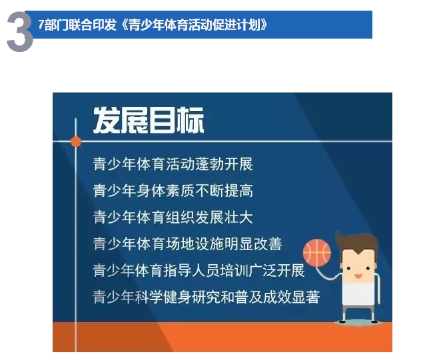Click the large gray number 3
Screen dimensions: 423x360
pyautogui.click(x=20, y=32)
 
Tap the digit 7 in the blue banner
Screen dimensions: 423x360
pyautogui.click(x=41, y=25)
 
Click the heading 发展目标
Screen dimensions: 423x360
pyautogui.click(x=149, y=120)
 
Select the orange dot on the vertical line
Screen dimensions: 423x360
pyautogui.click(x=76, y=142)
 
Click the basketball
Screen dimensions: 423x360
pyautogui.click(x=317, y=252)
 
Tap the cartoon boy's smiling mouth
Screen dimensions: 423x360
pyautogui.click(x=358, y=276)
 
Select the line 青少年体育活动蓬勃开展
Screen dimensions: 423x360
pyautogui.click(x=173, y=164)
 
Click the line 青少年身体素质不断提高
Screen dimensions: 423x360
pyautogui.click(x=173, y=190)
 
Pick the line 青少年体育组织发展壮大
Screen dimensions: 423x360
pyautogui.click(x=173, y=217)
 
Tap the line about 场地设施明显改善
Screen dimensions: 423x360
pyautogui.click(x=187, y=244)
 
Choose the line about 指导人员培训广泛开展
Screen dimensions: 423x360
pyautogui.click(x=199, y=270)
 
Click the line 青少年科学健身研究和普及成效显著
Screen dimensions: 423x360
pyautogui.click(x=207, y=297)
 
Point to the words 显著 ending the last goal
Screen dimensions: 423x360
pyautogui.click(x=306, y=297)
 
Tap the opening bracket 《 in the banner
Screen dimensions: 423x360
pyautogui.click(x=124, y=25)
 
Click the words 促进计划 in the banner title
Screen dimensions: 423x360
pyautogui.click(x=236, y=25)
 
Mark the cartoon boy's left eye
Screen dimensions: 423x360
pyautogui.click(x=348, y=268)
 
